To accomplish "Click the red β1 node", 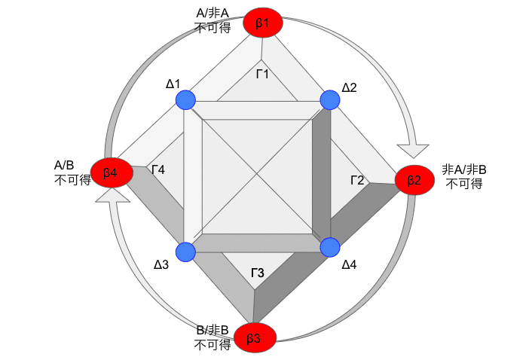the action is point(262,23).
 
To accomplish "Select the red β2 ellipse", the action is point(414,180).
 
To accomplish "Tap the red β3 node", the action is point(255,337).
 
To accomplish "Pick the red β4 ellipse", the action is point(112,172).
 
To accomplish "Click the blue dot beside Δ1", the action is point(185,100).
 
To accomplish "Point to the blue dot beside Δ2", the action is point(330,100).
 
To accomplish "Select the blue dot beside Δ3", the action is point(185,252).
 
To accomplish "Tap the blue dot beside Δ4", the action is point(330,248).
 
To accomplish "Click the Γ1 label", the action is point(262,74).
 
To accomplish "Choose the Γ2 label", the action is point(357,180).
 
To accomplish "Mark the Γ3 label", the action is point(258,273).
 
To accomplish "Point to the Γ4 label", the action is point(158,169).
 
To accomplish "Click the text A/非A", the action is point(212,14).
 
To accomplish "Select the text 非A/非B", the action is point(464,169).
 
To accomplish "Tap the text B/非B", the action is point(212,330).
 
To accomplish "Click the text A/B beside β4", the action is point(64,166).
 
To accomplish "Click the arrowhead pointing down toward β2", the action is point(413,151).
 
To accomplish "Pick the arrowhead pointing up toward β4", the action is point(112,195).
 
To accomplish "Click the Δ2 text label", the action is point(349,88).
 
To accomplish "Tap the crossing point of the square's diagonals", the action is point(257,176).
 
